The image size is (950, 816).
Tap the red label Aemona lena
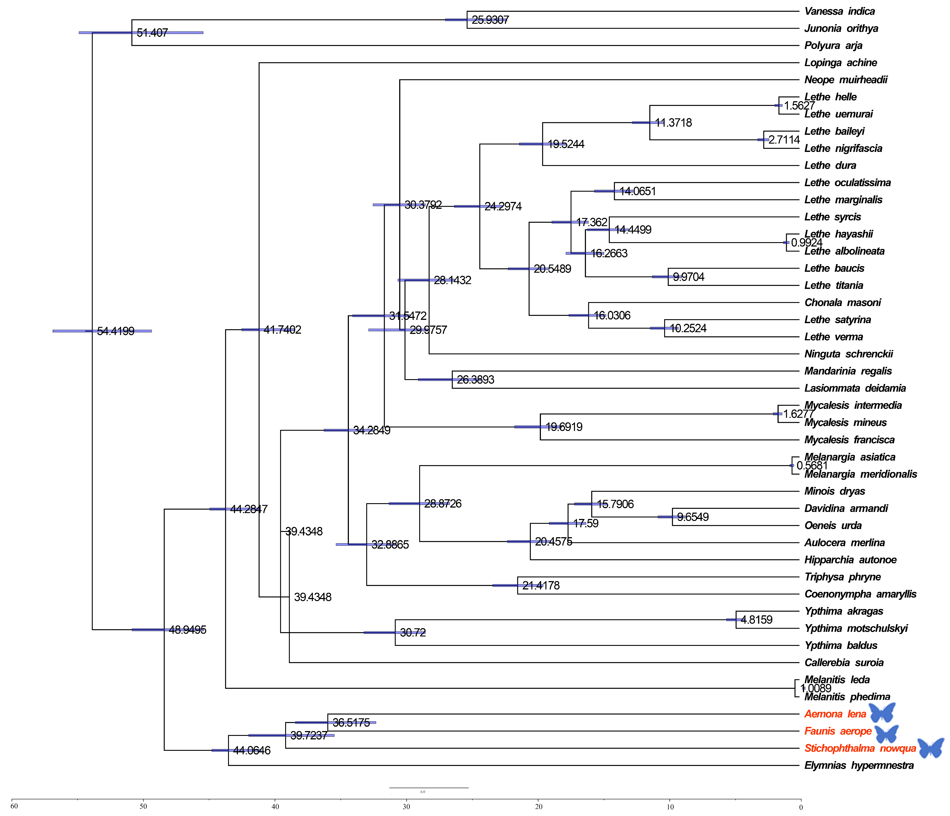pos(835,714)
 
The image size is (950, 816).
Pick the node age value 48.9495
pos(188,630)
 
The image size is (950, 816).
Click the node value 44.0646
pos(252,751)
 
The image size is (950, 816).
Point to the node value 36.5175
pos(351,722)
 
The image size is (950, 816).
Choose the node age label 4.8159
pos(756,620)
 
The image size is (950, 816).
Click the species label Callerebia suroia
pos(844,663)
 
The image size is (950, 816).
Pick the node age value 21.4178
pos(541,585)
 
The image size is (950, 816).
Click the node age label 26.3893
pos(475,380)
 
